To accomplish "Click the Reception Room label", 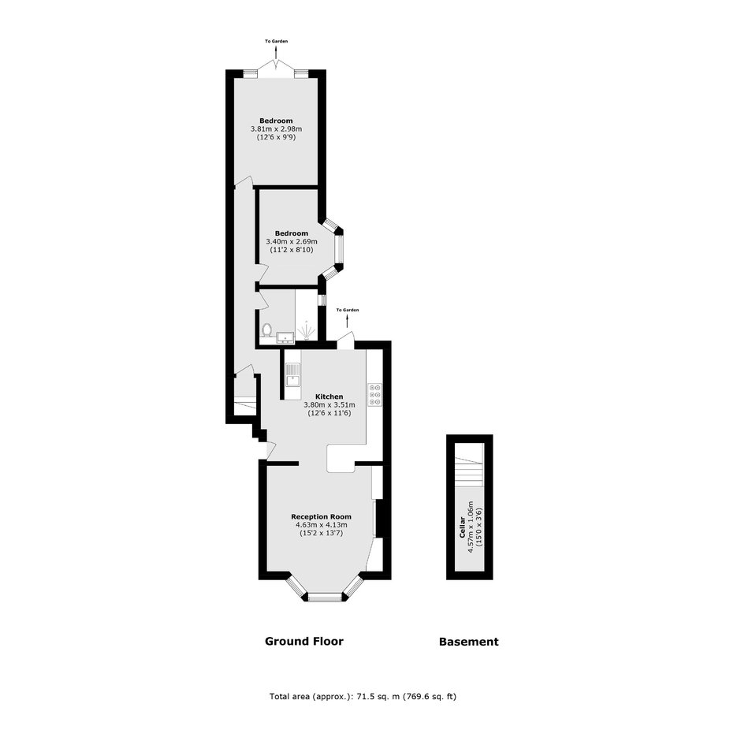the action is [x=321, y=516].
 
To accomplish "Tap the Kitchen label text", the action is [x=329, y=397].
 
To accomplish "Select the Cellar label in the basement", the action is [x=462, y=527].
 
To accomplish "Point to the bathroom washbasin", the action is [x=285, y=337].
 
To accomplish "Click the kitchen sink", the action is [x=292, y=374].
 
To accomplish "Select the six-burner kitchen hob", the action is [x=375, y=394].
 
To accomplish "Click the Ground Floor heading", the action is [x=303, y=641].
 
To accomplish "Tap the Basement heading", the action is [x=469, y=642].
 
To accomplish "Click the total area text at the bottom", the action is [x=363, y=696].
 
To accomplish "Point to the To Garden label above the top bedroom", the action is [x=276, y=41].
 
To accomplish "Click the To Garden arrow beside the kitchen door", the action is [x=348, y=322].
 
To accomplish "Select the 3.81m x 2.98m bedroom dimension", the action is [x=276, y=128].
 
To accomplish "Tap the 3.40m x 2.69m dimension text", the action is [x=292, y=241].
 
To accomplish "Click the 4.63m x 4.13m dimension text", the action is [x=322, y=525].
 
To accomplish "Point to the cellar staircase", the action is [x=469, y=465].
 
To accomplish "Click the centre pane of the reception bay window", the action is [x=325, y=597].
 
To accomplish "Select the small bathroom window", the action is [x=322, y=300].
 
